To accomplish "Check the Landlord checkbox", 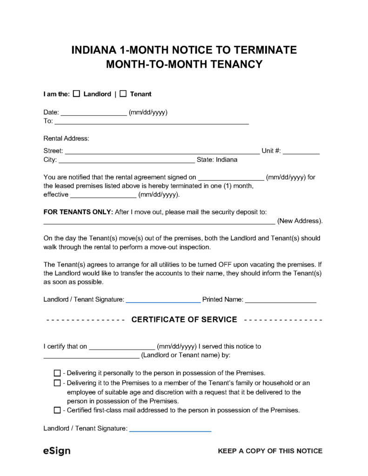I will (77, 94).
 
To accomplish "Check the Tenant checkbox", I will (123, 94).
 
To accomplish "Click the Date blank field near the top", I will (94, 113).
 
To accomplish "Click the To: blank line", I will (152, 123).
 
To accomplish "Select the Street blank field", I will (162, 152).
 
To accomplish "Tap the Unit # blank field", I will (301, 152).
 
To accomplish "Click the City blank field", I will (127, 161).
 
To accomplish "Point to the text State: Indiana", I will (217, 160).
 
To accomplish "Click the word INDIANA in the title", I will (93, 50).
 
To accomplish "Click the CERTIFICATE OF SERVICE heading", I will (185, 320).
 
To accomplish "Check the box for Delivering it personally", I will (57, 373).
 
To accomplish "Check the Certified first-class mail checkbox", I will (57, 410).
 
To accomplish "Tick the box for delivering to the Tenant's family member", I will (57, 383).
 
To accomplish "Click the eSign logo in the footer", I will (57, 451).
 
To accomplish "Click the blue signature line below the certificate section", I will (170, 430).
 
